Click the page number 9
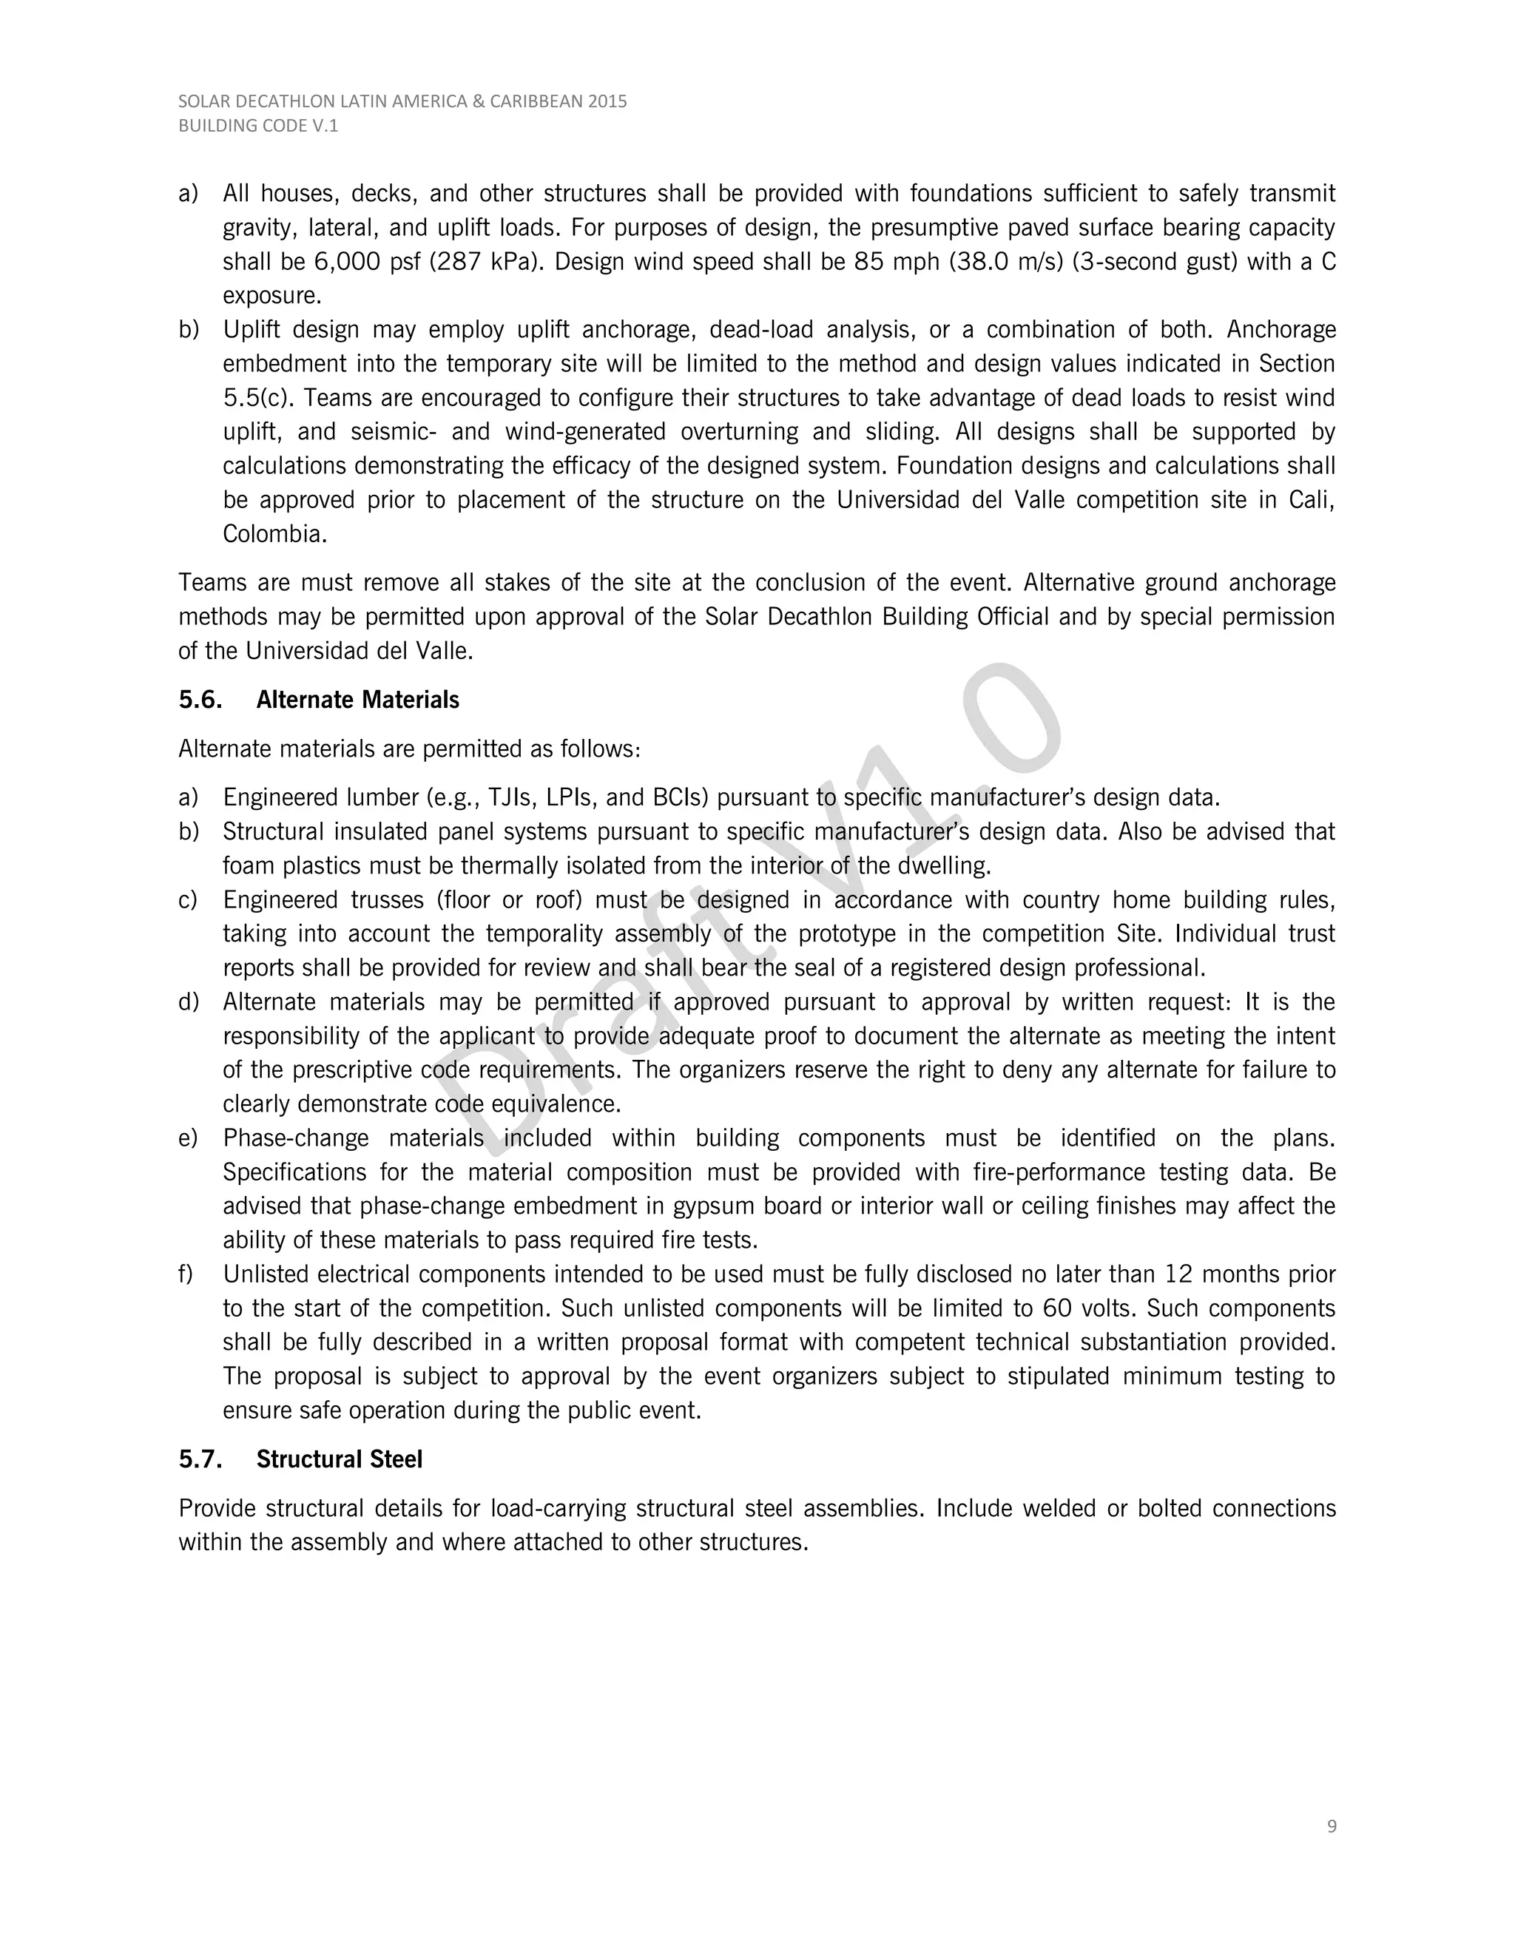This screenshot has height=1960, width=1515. tap(1331, 1826)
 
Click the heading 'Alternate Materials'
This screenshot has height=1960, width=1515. tap(357, 700)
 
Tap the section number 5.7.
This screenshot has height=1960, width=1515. tap(200, 1459)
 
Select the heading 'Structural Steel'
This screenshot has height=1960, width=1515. tap(340, 1459)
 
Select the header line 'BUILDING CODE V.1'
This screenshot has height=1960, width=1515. tap(258, 126)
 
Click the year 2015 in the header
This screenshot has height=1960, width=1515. tap(607, 101)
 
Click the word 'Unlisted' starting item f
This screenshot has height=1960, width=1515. tap(266, 1274)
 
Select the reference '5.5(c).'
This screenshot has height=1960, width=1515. tap(260, 399)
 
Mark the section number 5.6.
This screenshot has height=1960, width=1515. tap(200, 700)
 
